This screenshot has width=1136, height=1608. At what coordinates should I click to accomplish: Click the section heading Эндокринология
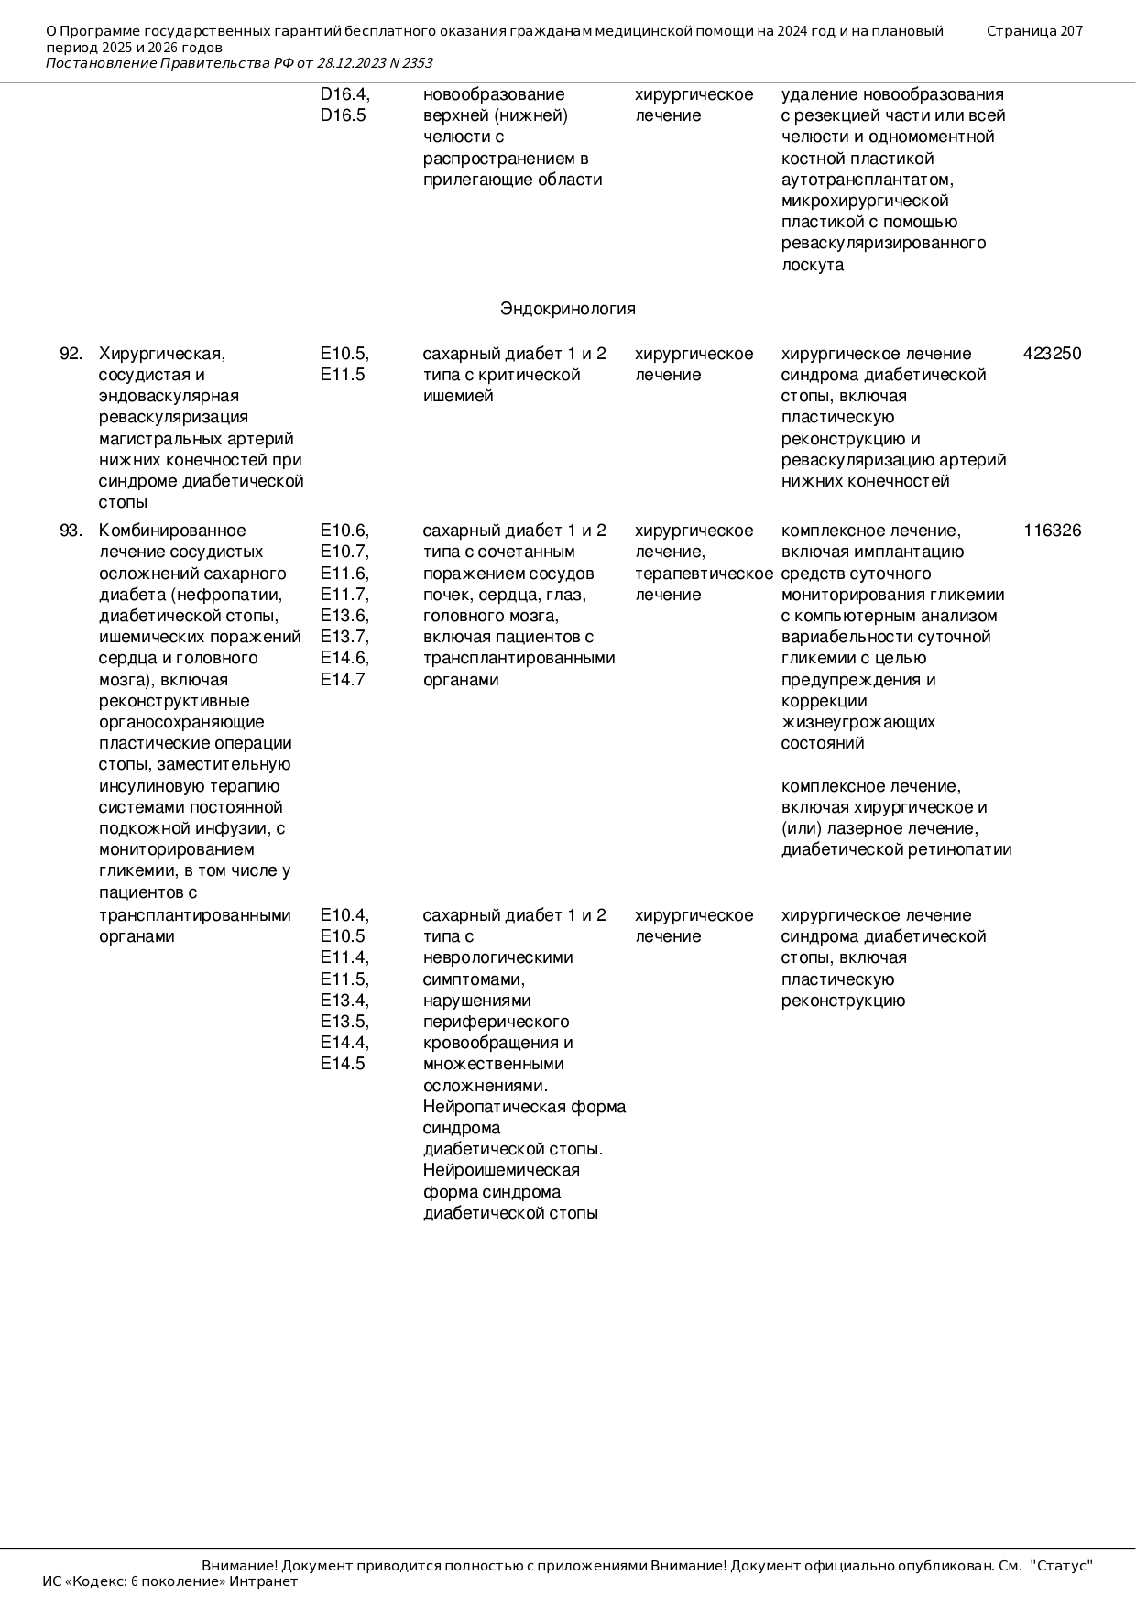pyautogui.click(x=567, y=309)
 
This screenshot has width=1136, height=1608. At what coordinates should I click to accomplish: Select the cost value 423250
pyautogui.click(x=1052, y=354)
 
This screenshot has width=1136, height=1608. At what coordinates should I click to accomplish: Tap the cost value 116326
pyautogui.click(x=1052, y=531)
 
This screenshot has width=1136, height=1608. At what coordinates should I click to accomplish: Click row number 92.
pyautogui.click(x=71, y=354)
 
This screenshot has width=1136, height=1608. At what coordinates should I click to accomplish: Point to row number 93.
pyautogui.click(x=71, y=531)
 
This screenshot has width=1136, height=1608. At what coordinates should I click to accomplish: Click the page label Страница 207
pyautogui.click(x=1034, y=31)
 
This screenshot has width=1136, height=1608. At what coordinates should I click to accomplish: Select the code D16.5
pyautogui.click(x=343, y=115)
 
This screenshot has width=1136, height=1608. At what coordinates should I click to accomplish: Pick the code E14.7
pyautogui.click(x=343, y=680)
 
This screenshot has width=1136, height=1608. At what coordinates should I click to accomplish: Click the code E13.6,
pyautogui.click(x=344, y=616)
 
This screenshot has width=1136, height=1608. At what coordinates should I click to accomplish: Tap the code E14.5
pyautogui.click(x=343, y=1064)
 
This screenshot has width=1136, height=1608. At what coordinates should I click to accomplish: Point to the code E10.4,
pyautogui.click(x=344, y=915)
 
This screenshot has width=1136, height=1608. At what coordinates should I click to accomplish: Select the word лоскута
pyautogui.click(x=812, y=265)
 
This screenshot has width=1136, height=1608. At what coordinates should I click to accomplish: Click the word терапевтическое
pyautogui.click(x=704, y=574)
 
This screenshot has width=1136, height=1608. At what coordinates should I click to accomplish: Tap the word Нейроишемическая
pyautogui.click(x=501, y=1170)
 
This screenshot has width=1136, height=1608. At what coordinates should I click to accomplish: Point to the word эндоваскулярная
pyautogui.click(x=169, y=396)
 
